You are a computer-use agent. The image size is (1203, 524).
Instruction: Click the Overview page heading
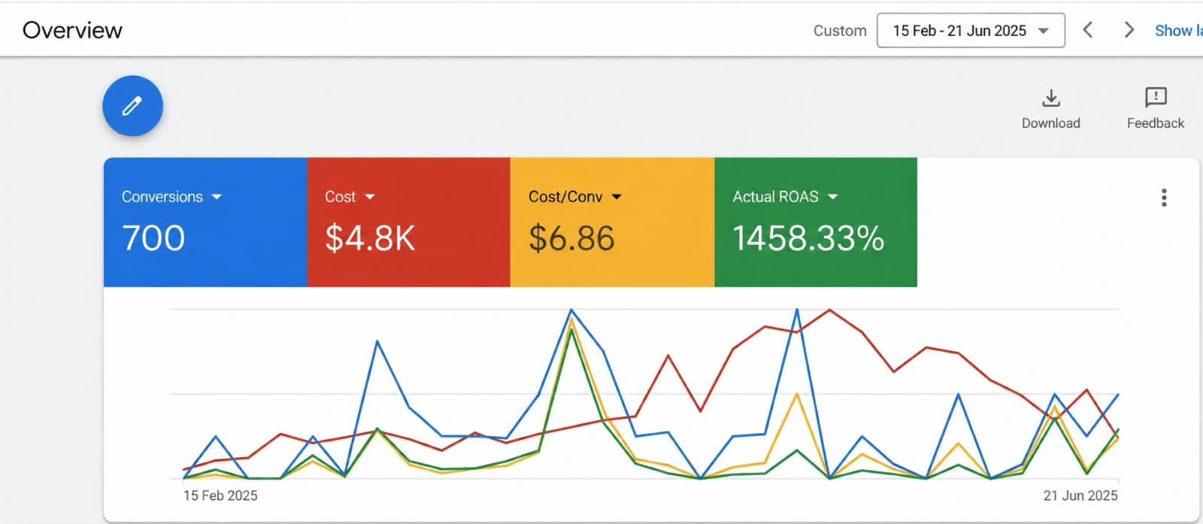pyautogui.click(x=72, y=30)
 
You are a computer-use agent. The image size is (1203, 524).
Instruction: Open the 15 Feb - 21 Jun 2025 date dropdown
pyautogui.click(x=971, y=31)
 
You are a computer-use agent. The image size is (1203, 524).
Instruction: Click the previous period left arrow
pyautogui.click(x=1087, y=30)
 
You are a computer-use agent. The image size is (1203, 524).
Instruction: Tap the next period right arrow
pyautogui.click(x=1129, y=30)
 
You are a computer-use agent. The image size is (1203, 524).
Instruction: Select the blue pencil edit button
pyautogui.click(x=132, y=106)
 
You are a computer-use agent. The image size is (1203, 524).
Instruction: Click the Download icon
pyautogui.click(x=1051, y=98)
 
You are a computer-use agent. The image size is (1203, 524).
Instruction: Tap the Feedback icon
pyautogui.click(x=1156, y=98)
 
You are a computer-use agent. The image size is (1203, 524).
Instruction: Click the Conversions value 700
pyautogui.click(x=153, y=238)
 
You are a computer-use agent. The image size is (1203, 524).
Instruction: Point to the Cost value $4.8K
pyautogui.click(x=370, y=238)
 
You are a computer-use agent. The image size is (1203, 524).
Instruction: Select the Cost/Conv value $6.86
pyautogui.click(x=571, y=238)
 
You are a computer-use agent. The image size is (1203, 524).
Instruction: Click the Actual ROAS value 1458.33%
pyautogui.click(x=808, y=238)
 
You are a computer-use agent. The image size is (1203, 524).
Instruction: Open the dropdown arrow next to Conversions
pyautogui.click(x=217, y=197)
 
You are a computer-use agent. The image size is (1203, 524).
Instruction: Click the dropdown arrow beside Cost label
pyautogui.click(x=369, y=197)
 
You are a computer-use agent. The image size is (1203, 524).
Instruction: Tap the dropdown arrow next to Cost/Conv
pyautogui.click(x=617, y=197)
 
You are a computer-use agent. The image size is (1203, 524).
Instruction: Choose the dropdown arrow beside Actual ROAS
pyautogui.click(x=832, y=197)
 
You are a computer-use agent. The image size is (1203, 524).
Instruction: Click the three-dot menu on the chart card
pyautogui.click(x=1164, y=198)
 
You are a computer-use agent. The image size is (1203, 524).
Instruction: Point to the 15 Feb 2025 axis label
pyautogui.click(x=220, y=495)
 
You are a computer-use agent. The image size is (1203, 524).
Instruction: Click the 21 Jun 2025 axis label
pyautogui.click(x=1080, y=495)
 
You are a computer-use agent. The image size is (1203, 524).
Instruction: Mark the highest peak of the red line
pyautogui.click(x=830, y=309)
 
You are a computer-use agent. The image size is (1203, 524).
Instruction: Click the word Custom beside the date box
pyautogui.click(x=840, y=31)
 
